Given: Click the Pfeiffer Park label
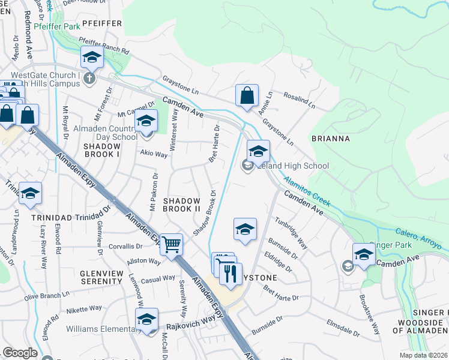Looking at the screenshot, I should click(57, 27).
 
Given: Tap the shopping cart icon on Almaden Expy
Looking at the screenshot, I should click(172, 244).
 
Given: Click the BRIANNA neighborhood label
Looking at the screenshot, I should click(330, 139).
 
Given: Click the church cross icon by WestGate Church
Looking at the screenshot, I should click(89, 78).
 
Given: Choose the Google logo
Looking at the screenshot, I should click(20, 353).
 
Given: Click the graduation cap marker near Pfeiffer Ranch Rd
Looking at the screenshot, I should click(92, 57).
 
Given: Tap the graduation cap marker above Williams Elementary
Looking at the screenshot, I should click(146, 319).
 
